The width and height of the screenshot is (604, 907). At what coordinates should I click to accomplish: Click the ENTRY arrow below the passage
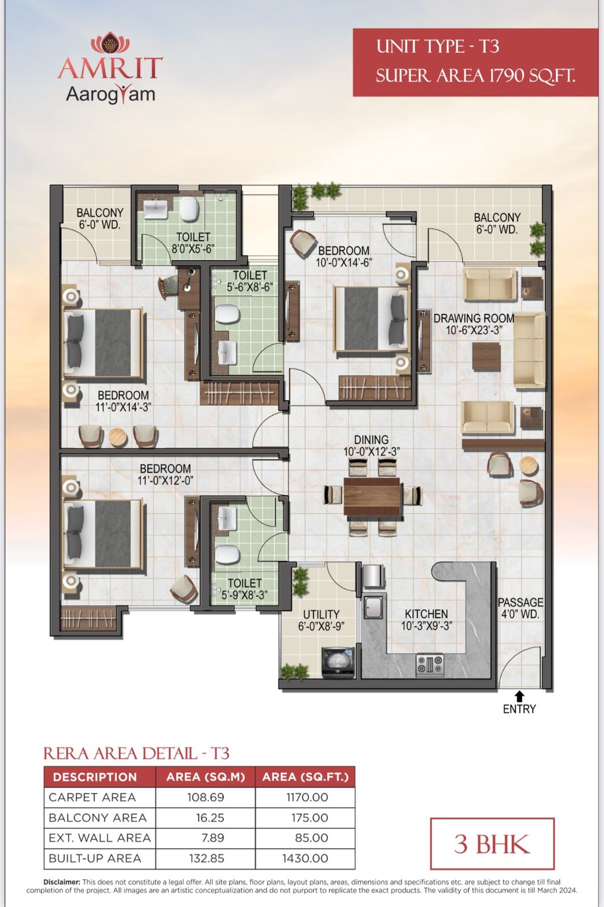(519, 697)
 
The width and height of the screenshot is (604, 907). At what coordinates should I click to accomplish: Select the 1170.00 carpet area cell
(307, 797)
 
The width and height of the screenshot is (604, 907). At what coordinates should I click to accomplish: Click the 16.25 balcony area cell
(210, 817)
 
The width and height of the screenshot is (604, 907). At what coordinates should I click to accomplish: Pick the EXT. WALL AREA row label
(100, 838)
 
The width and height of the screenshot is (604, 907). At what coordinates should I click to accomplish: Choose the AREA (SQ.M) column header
(206, 777)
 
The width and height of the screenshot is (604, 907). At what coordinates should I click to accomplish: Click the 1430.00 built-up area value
(305, 858)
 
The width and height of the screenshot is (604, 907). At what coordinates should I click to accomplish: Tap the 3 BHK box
(492, 844)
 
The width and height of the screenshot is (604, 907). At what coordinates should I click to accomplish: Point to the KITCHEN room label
(426, 614)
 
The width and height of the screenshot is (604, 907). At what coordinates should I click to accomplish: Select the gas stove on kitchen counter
(429, 666)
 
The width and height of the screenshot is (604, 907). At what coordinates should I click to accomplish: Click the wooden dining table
(372, 495)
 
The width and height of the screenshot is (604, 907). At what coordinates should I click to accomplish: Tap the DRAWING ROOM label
(474, 318)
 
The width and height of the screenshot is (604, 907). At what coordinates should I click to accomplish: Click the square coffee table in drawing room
(487, 357)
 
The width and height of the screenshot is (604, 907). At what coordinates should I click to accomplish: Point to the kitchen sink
(373, 607)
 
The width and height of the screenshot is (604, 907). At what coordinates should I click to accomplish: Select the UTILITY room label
(321, 614)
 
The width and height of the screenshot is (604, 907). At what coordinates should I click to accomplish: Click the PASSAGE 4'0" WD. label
(521, 608)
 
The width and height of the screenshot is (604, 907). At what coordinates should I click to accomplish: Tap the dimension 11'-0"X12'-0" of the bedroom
(165, 481)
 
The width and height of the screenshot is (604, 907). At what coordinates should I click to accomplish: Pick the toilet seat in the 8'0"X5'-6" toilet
(189, 209)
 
